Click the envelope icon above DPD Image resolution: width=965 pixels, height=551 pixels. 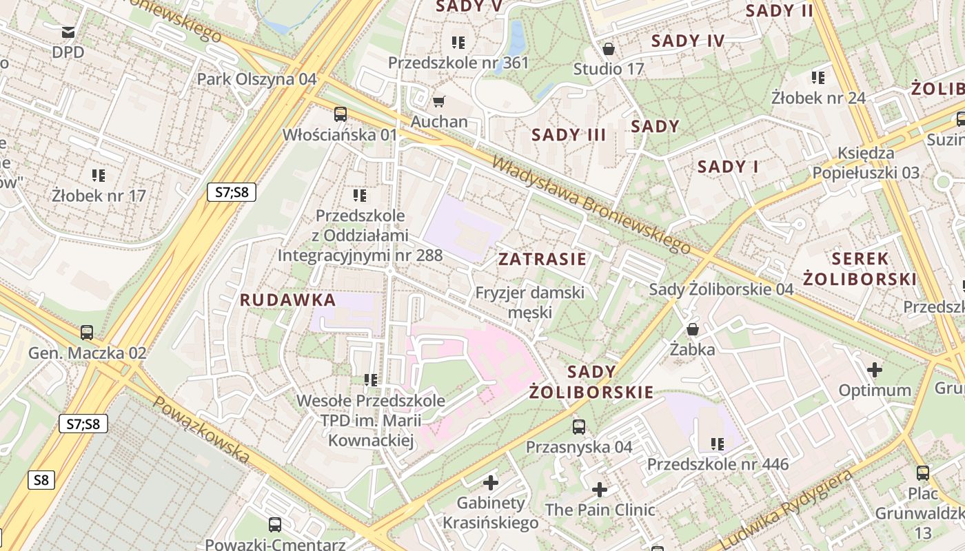click(68, 32)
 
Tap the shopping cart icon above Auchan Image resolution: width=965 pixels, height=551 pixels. click(438, 102)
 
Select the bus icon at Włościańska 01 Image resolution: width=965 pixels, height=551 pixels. click(340, 114)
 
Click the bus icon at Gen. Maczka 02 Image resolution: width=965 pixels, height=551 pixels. click(87, 333)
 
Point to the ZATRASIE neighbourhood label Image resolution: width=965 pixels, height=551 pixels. click(542, 260)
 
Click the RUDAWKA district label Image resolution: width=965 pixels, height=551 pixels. click(287, 300)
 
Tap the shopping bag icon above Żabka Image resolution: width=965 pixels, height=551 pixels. click(692, 330)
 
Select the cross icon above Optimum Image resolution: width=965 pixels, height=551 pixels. click(874, 370)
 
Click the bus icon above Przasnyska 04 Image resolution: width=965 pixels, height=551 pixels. click(578, 427)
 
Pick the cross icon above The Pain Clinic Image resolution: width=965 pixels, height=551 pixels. click(600, 490)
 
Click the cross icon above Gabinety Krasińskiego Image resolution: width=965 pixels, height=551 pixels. click(490, 483)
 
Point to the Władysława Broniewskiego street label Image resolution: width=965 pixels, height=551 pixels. click(591, 205)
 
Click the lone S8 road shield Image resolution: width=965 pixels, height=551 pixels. click(41, 480)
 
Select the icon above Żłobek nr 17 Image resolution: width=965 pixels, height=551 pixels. click(99, 176)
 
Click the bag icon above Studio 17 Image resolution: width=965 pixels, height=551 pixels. click(608, 50)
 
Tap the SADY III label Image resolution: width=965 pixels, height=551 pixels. click(569, 135)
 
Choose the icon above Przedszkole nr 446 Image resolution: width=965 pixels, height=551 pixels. click(717, 444)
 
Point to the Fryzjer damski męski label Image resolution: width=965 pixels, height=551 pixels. click(529, 302)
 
